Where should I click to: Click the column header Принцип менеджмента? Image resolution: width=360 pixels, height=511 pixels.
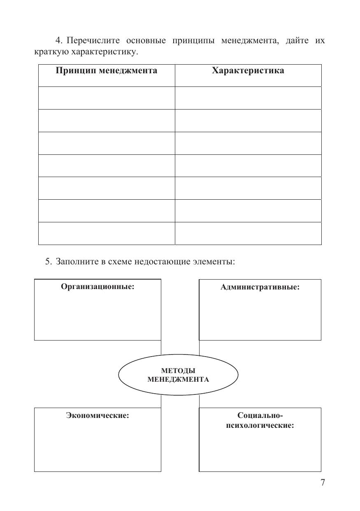pyautogui.click(x=106, y=71)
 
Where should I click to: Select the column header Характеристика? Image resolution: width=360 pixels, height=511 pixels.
pyautogui.click(x=248, y=71)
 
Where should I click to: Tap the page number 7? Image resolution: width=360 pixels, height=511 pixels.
pyautogui.click(x=323, y=483)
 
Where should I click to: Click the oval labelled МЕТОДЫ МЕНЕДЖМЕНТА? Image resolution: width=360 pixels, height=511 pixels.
pyautogui.click(x=178, y=375)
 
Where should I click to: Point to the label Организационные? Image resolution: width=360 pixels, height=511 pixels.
pyautogui.click(x=98, y=287)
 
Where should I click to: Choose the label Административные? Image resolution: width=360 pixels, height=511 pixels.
pyautogui.click(x=260, y=287)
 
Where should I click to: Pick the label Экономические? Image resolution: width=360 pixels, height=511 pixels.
pyautogui.click(x=98, y=415)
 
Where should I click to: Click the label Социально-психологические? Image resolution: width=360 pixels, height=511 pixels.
pyautogui.click(x=260, y=420)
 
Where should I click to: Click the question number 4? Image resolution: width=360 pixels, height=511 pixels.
pyautogui.click(x=58, y=41)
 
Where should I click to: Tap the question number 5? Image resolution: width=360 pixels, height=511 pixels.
pyautogui.click(x=48, y=261)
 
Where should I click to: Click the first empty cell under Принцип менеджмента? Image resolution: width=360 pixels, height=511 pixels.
pyautogui.click(x=107, y=98)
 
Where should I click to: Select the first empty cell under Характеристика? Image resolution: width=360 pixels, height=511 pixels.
pyautogui.click(x=248, y=98)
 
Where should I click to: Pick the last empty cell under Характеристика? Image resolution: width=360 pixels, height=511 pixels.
pyautogui.click(x=248, y=233)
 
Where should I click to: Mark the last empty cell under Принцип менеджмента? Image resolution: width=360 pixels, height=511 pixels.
pyautogui.click(x=107, y=233)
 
